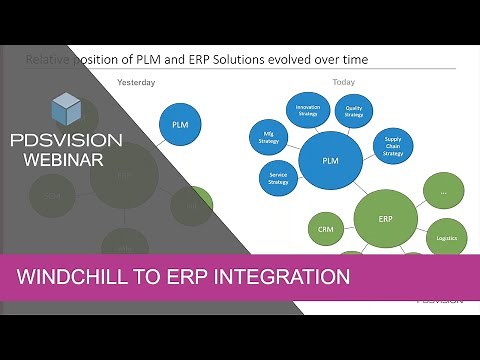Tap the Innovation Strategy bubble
pos(307,111)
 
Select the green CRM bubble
pos(325,228)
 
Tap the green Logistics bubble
pos(446,238)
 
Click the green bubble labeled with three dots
pos(443,189)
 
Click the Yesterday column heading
pos(136,82)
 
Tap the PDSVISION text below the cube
pos(67,137)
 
